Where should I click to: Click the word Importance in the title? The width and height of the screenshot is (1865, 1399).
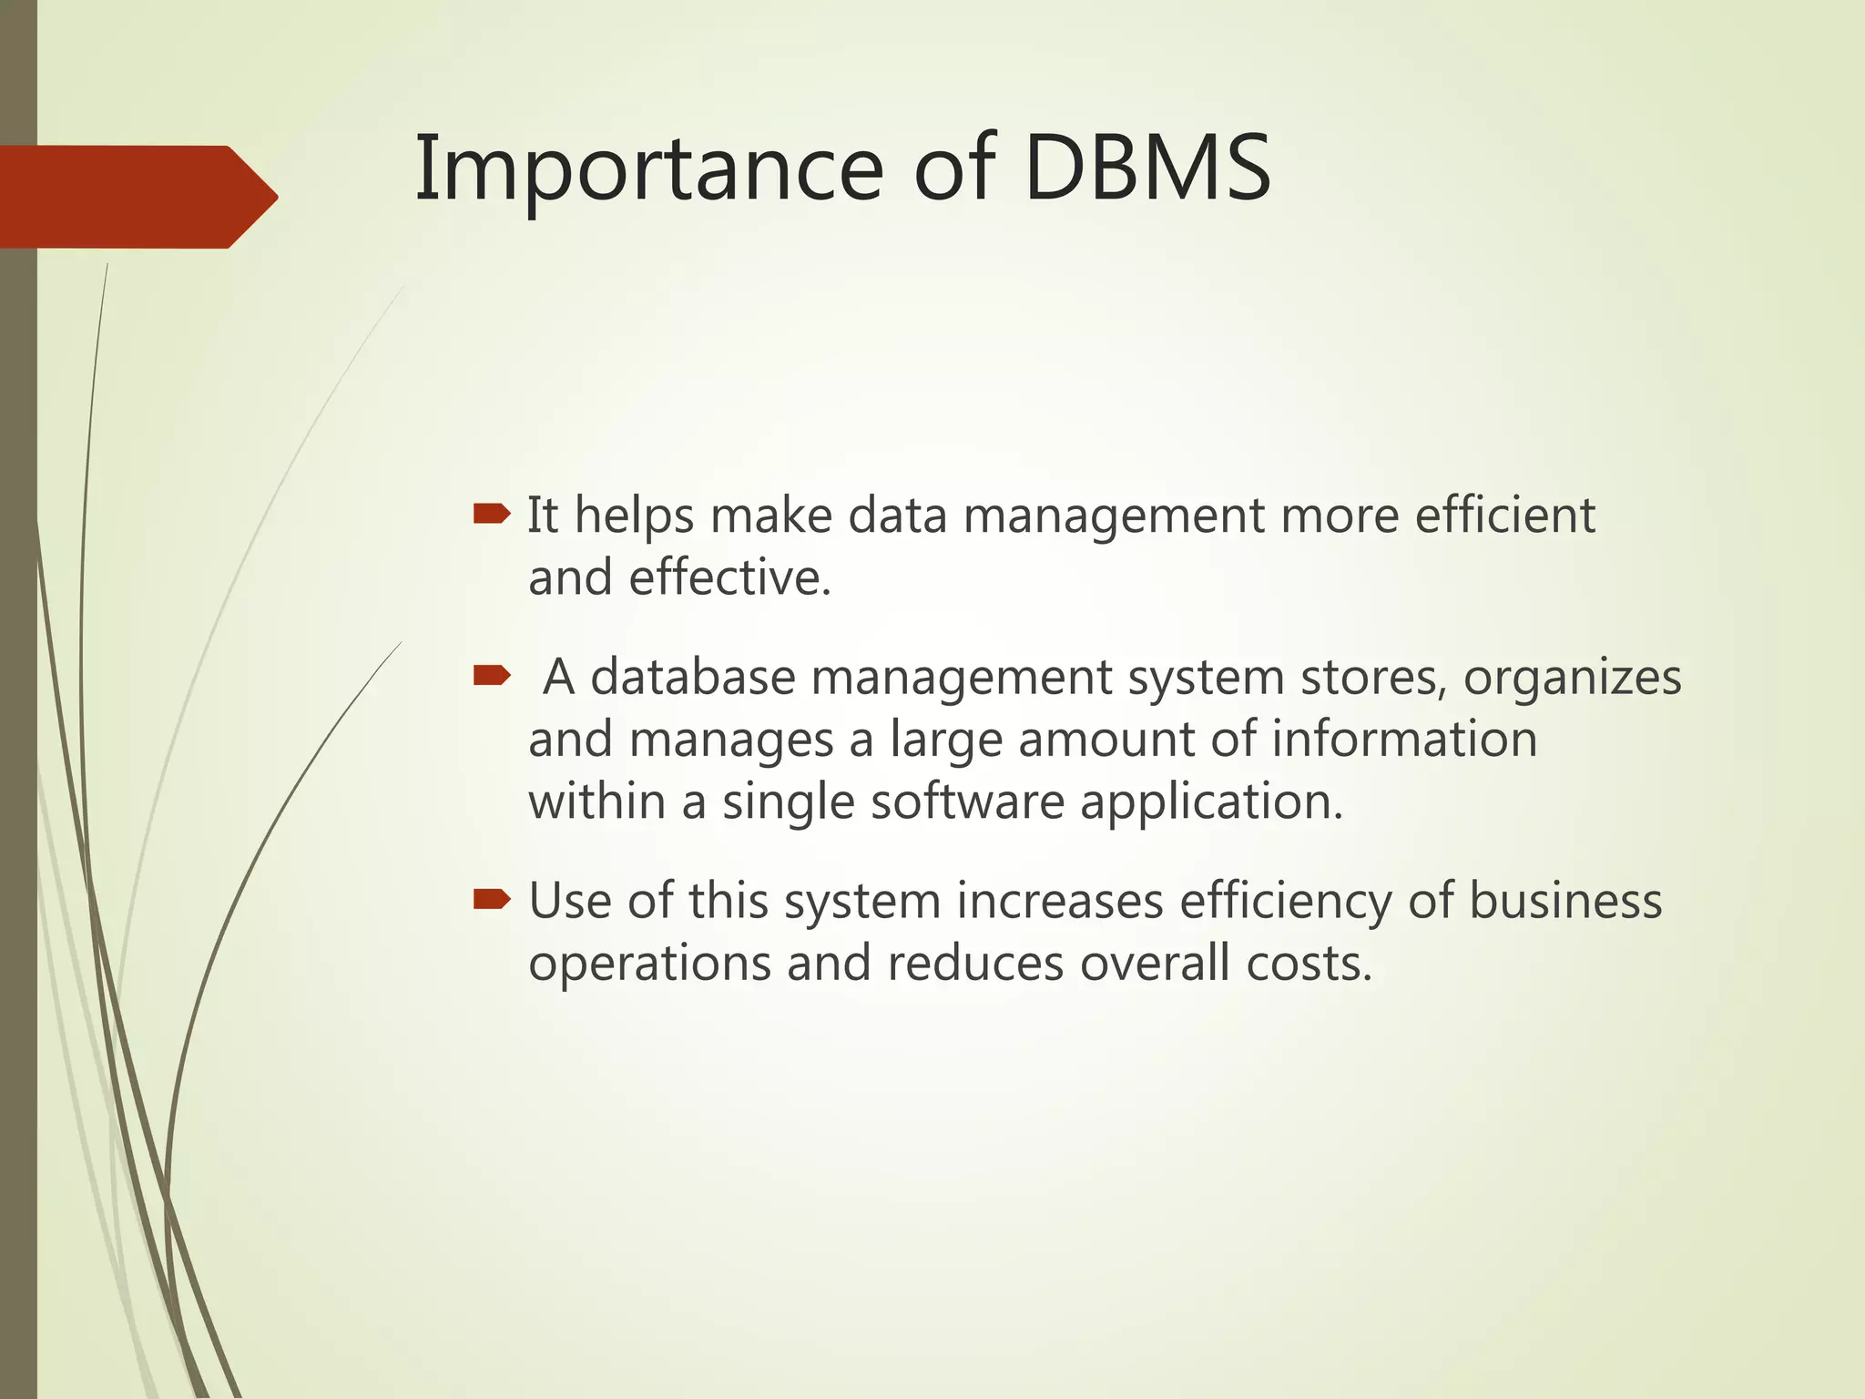[x=648, y=169]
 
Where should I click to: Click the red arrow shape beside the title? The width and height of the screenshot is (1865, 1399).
[x=137, y=197]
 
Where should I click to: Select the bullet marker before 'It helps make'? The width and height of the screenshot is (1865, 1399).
[x=492, y=516]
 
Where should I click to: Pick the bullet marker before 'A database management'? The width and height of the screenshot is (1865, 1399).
[x=492, y=676]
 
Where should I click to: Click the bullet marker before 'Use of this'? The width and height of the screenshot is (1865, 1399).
[x=492, y=901]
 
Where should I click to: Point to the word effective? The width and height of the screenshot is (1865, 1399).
[x=729, y=577]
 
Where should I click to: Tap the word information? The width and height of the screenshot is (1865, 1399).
[x=1404, y=739]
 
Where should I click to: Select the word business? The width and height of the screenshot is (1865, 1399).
[x=1565, y=901]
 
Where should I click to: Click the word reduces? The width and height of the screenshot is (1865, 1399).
[x=975, y=964]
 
